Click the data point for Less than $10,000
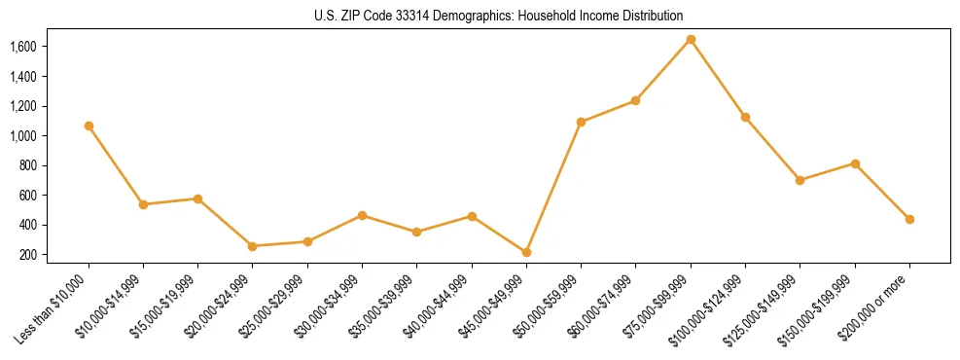(x=89, y=126)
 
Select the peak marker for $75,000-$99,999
(x=691, y=39)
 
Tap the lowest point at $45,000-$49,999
(x=526, y=252)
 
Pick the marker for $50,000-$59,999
(x=581, y=122)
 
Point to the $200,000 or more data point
(x=909, y=219)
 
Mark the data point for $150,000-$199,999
(x=855, y=163)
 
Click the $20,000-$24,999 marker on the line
(x=253, y=246)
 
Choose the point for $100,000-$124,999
(x=745, y=117)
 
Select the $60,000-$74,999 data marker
(x=635, y=100)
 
